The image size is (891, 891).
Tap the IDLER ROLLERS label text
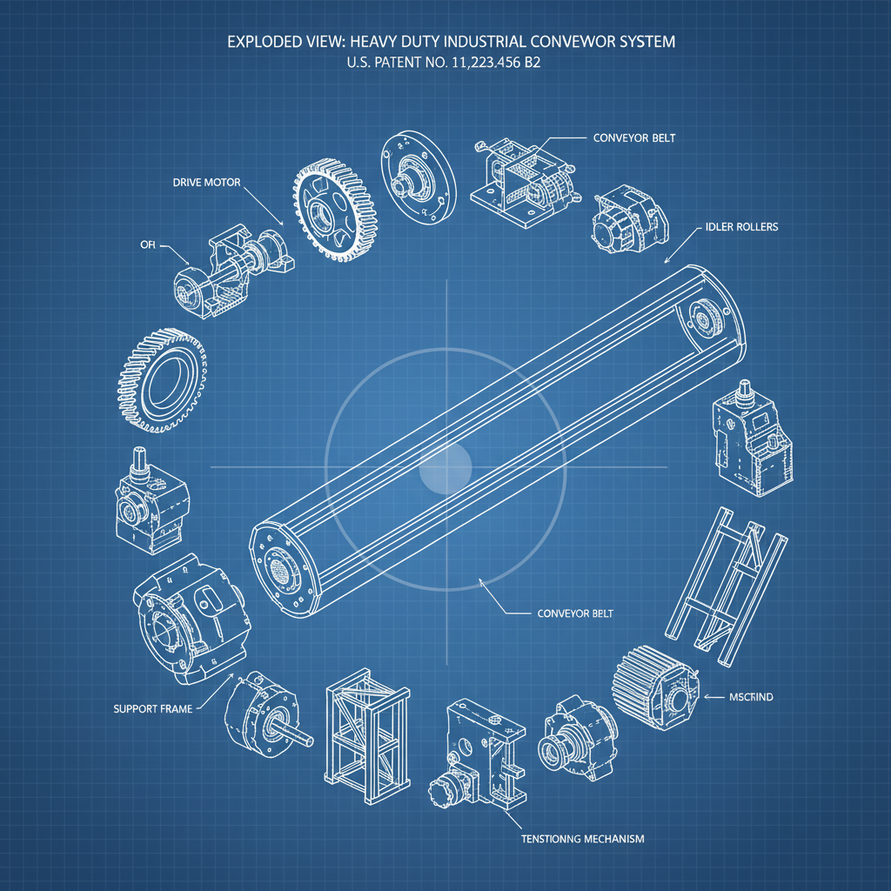coord(737,227)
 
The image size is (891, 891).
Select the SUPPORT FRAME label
coord(153,709)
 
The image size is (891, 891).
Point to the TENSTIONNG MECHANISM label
coord(582,839)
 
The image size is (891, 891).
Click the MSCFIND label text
coord(751,697)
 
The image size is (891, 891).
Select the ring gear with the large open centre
coord(164,382)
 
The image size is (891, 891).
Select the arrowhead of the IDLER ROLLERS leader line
coord(665,261)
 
